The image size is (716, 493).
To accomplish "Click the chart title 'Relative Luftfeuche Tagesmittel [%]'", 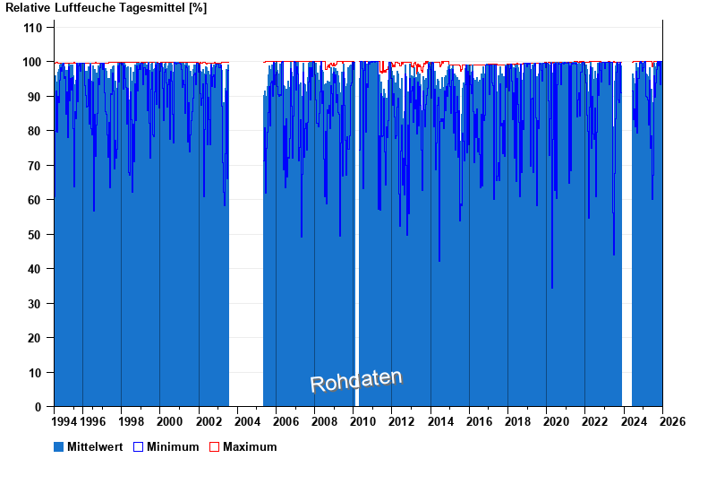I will click(x=107, y=8).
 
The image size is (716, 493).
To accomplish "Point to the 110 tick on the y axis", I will click(x=33, y=28).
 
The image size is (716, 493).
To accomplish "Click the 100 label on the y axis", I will click(x=33, y=62).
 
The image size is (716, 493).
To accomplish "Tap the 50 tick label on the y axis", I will click(x=36, y=235).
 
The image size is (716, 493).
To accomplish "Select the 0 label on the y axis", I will click(x=39, y=407).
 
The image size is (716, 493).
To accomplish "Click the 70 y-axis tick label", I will click(x=36, y=166).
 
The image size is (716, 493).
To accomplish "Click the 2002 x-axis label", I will click(x=208, y=421).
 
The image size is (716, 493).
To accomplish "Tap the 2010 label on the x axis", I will click(x=362, y=421).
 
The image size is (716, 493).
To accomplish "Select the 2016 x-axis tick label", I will click(x=479, y=421).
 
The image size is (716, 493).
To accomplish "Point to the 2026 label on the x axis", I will click(x=672, y=421).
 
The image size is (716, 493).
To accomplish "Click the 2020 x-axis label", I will click(x=556, y=421).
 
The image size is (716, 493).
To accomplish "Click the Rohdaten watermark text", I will click(x=356, y=381).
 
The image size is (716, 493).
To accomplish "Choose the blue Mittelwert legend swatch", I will click(x=59, y=446).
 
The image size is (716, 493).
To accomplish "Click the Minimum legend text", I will click(x=173, y=446).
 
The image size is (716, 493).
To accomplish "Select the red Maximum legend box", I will click(x=214, y=446).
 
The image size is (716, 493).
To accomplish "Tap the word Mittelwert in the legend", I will click(x=96, y=446).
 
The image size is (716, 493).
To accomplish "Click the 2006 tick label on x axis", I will click(x=286, y=421).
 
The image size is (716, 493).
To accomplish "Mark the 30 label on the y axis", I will click(x=36, y=304).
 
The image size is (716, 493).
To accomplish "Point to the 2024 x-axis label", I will click(x=634, y=421).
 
